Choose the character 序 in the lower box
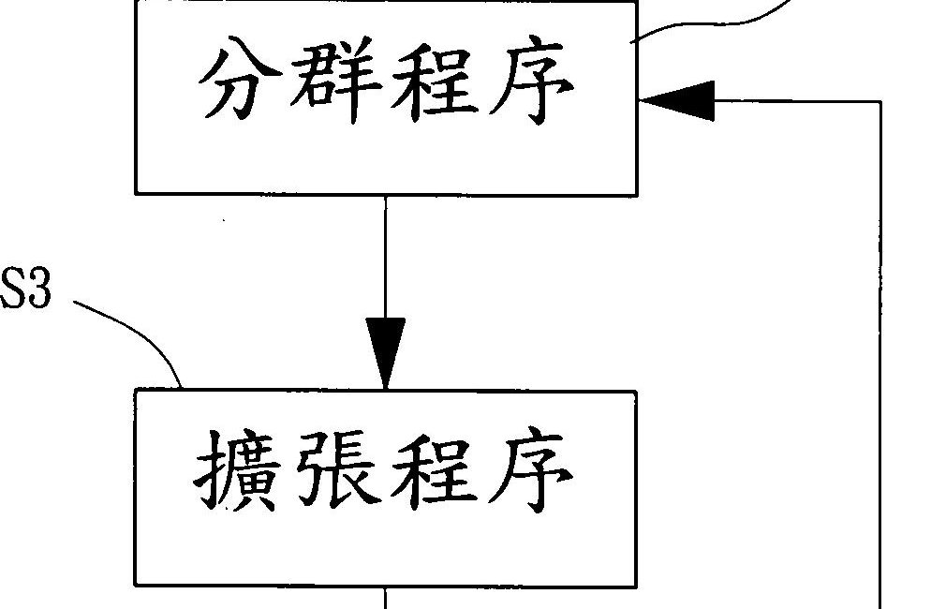click(531, 474)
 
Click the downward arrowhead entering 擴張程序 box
click(386, 352)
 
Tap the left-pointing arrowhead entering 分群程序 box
click(676, 100)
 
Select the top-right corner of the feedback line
click(881, 100)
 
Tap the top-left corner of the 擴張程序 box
click(137, 392)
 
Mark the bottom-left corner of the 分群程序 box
click(137, 193)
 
